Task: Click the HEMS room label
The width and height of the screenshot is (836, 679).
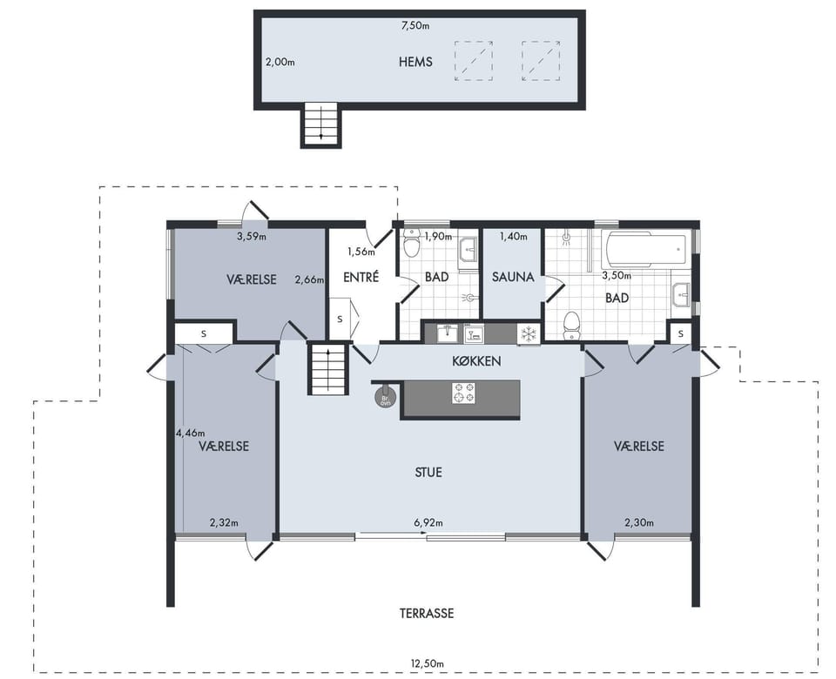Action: [415, 62]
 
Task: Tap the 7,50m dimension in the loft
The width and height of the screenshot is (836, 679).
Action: [415, 25]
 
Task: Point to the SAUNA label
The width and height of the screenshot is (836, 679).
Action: [513, 277]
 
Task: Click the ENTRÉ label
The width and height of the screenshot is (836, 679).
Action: [361, 277]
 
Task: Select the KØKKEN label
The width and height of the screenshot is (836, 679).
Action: [476, 361]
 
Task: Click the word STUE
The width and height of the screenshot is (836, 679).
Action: [428, 473]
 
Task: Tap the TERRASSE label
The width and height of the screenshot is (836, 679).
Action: [427, 614]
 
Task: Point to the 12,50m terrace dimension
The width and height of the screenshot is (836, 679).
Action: [427, 664]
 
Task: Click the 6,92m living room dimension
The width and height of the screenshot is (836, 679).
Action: [428, 523]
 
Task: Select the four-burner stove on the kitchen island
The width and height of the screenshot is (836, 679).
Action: [463, 393]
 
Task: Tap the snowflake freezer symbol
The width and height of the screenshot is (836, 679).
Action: [528, 334]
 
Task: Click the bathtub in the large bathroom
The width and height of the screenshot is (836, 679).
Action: [645, 250]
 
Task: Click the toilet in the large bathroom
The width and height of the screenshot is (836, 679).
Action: [571, 325]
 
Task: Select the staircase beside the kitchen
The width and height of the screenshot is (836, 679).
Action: [328, 369]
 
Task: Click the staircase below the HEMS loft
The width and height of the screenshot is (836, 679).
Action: [321, 124]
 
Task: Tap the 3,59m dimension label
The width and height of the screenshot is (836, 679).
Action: [251, 236]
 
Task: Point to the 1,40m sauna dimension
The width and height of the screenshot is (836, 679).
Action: [513, 236]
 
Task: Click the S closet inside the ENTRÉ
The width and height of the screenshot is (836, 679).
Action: [340, 319]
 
